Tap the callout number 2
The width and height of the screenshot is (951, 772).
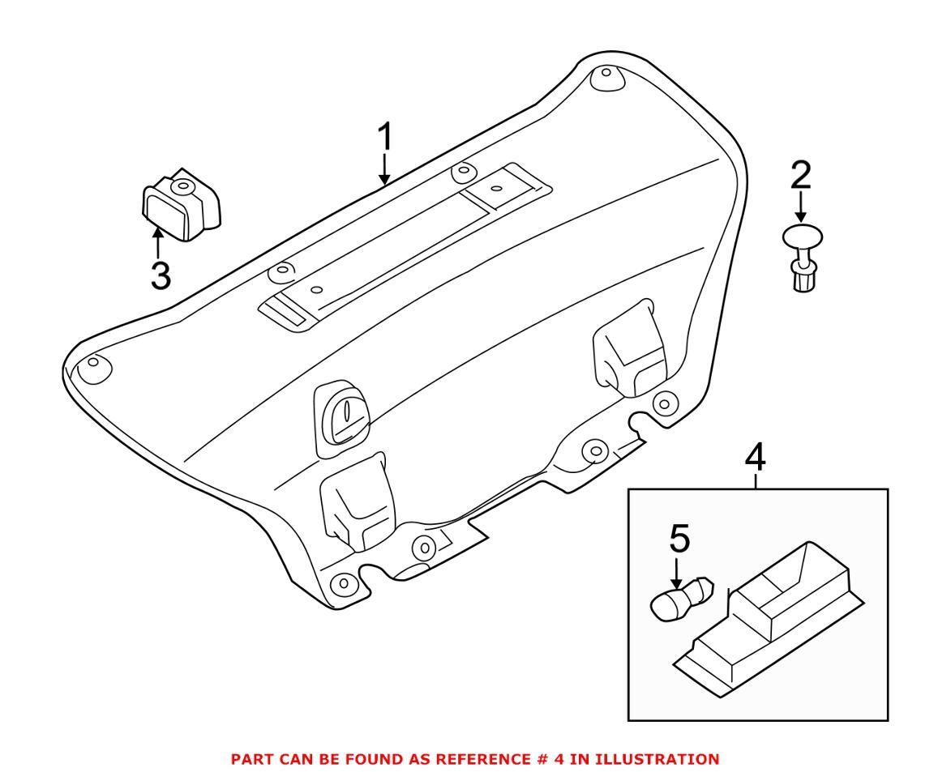coord(800,174)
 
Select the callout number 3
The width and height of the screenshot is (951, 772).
coord(161,276)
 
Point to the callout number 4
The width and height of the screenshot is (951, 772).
coord(754,458)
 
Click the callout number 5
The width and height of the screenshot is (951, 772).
coord(679,538)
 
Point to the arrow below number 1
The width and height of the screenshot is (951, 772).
coord(384,170)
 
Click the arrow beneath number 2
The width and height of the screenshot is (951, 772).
coord(800,207)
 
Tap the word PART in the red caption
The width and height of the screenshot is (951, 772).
coord(251,759)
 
